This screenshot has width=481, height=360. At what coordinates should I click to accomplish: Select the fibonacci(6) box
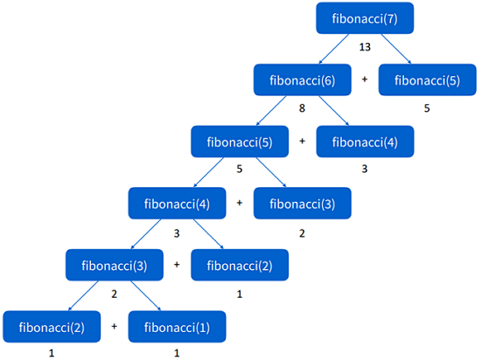[x=298, y=80]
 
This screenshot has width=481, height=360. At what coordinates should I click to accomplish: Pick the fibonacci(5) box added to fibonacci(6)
[x=426, y=80]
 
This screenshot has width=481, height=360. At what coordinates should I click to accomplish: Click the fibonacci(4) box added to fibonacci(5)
[x=364, y=142]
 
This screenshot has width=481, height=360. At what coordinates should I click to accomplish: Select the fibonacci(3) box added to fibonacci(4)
[x=301, y=204]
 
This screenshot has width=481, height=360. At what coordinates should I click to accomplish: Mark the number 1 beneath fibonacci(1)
[x=178, y=354]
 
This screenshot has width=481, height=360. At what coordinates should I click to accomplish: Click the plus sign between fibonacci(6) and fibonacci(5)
[x=365, y=80]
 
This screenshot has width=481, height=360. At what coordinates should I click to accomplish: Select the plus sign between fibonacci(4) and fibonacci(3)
[x=240, y=204]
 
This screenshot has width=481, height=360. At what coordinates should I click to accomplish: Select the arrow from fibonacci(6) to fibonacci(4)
[x=332, y=111]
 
